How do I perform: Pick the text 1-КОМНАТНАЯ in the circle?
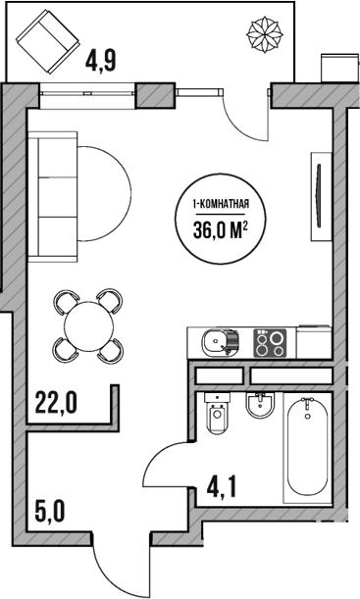click(225, 205)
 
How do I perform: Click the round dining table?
click(88, 324)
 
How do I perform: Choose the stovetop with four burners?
click(271, 343)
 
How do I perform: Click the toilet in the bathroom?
click(218, 417)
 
